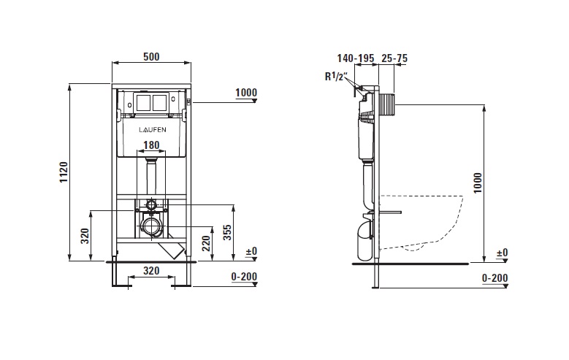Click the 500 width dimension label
click(151, 57)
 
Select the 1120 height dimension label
click(64, 172)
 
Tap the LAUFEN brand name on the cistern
click(153, 129)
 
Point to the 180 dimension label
click(151, 145)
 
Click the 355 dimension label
click(227, 232)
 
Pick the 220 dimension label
click(206, 243)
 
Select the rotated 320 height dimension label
click(85, 236)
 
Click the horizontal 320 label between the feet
click(151, 271)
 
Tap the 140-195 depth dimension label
click(356, 58)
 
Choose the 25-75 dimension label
click(394, 58)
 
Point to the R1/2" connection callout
click(336, 77)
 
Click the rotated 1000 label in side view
click(478, 183)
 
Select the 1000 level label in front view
click(246, 93)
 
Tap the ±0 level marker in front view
click(251, 251)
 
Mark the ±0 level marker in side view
click(503, 253)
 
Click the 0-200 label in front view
click(244, 277)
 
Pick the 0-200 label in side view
click(495, 278)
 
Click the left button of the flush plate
click(145, 102)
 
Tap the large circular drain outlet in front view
click(151, 226)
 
